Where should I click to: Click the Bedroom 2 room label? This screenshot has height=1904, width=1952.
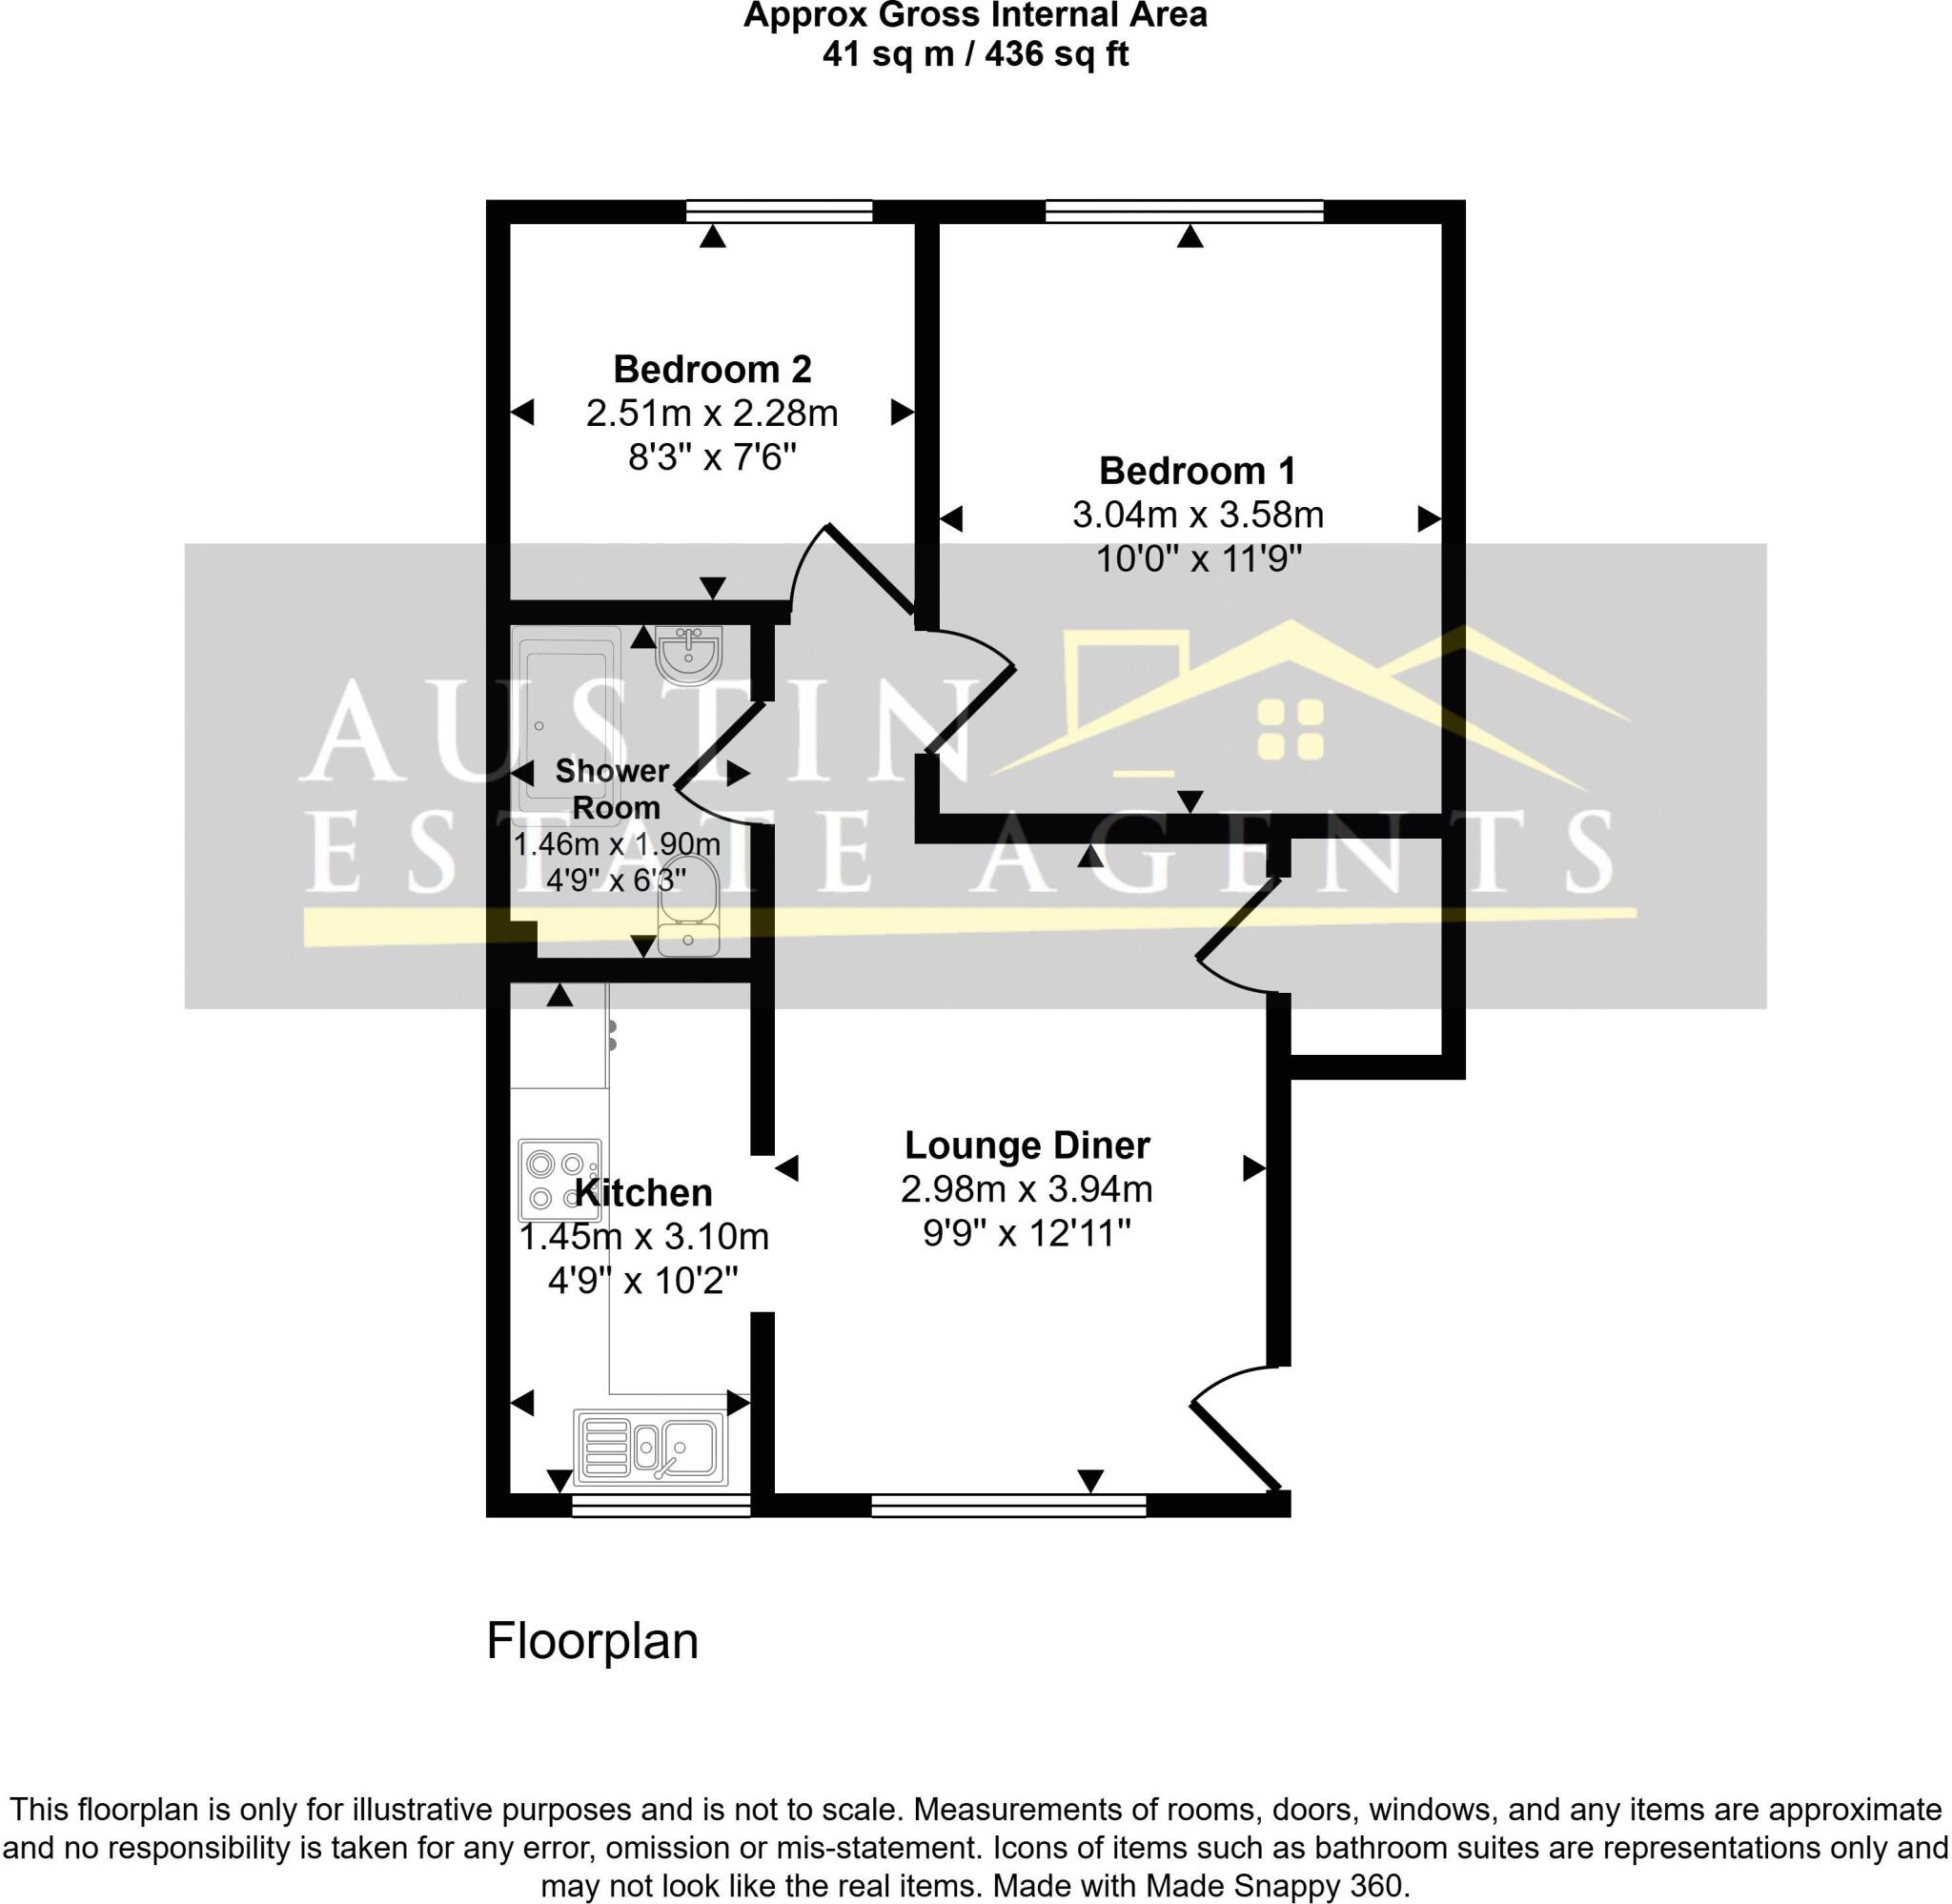(712, 369)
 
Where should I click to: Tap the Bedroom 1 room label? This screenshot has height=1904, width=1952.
(1197, 470)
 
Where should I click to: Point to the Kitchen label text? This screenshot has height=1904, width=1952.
(643, 1192)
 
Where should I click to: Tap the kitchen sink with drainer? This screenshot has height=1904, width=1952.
(650, 1447)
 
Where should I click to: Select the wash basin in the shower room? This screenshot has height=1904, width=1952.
(688, 655)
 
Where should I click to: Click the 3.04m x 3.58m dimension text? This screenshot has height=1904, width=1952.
(1198, 515)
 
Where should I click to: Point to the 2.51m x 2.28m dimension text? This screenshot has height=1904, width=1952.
(712, 413)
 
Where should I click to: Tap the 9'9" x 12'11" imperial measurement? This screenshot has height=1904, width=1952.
(1027, 1233)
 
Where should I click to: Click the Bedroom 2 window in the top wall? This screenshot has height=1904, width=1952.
(780, 211)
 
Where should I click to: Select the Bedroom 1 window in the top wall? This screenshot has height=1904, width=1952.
(1184, 211)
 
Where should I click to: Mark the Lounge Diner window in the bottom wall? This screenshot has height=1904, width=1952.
(1009, 1505)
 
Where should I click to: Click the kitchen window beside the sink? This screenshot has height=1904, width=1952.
(661, 1505)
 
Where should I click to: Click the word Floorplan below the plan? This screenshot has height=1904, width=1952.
(592, 1641)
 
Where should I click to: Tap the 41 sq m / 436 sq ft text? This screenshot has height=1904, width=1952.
(975, 53)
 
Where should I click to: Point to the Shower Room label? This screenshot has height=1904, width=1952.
(612, 788)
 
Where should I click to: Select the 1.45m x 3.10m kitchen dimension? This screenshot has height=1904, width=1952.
(643, 1237)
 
